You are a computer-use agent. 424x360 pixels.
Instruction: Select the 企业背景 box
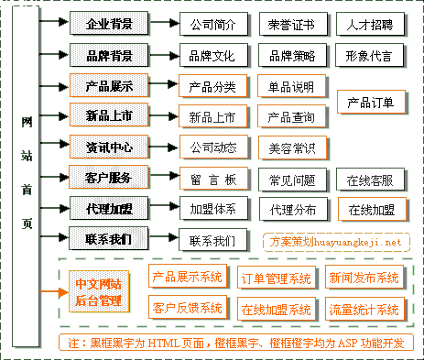point(108,24)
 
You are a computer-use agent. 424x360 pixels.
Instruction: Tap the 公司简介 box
point(212,24)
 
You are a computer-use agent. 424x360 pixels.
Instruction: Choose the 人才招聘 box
point(370,24)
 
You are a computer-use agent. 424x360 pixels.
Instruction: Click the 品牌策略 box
point(291,55)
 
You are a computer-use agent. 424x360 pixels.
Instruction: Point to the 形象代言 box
point(370,55)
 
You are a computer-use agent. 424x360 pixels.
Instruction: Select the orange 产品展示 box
point(108,87)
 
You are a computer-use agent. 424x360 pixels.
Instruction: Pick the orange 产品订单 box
point(371,102)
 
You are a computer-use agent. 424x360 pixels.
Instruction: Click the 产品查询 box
point(291,117)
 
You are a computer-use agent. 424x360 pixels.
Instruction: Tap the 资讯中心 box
point(108,147)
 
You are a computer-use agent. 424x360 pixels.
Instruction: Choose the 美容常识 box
point(291,147)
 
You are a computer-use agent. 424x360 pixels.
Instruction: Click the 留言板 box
point(212,179)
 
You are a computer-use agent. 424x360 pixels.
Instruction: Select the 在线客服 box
point(370,179)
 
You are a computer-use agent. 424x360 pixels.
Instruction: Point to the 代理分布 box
point(291,210)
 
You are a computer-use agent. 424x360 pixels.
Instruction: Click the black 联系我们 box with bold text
point(108,240)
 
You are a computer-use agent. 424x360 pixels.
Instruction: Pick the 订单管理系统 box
point(275,278)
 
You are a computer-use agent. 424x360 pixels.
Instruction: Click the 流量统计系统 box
point(364,309)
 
